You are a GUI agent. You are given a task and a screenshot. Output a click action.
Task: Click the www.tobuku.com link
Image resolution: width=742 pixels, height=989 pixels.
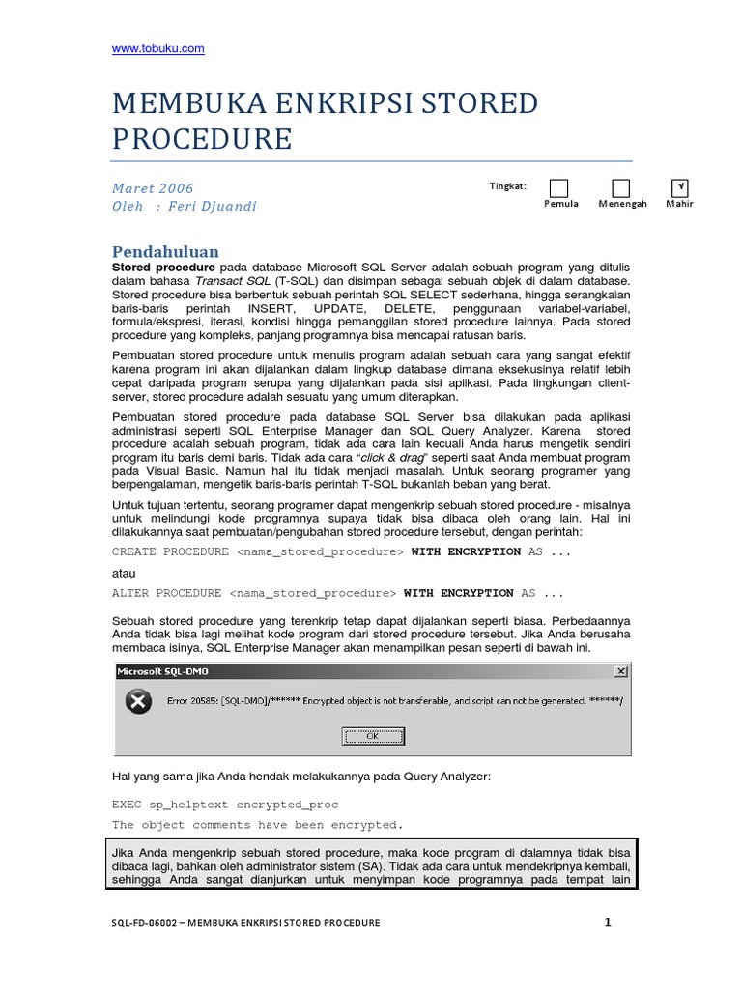click(157, 48)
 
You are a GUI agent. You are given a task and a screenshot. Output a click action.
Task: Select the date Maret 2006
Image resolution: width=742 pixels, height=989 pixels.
click(153, 188)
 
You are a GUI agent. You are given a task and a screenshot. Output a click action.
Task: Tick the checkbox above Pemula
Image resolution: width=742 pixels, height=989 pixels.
click(558, 188)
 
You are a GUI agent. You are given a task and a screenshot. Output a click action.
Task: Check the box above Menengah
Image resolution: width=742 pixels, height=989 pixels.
click(621, 188)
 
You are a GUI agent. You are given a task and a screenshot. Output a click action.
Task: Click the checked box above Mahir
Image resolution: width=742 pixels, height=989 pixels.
click(680, 188)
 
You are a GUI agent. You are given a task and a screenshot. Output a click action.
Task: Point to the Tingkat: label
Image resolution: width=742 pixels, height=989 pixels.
click(507, 185)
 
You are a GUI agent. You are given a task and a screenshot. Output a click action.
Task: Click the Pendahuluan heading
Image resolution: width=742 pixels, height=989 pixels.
click(165, 251)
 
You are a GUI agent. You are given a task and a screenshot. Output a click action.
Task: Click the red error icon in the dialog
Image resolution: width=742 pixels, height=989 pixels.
click(139, 702)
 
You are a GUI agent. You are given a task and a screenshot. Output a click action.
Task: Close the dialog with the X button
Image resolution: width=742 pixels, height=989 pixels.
click(620, 670)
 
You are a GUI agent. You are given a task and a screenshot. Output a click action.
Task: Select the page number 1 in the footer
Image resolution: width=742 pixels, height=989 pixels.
click(608, 922)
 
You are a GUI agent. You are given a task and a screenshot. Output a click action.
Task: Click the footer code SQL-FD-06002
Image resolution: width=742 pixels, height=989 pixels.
click(146, 923)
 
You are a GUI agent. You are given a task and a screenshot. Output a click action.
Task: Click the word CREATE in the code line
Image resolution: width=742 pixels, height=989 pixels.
click(133, 551)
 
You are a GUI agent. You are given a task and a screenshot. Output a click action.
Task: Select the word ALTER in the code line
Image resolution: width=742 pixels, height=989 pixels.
click(130, 593)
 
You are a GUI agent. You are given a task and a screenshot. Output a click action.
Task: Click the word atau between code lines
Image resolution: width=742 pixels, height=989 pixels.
click(125, 572)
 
